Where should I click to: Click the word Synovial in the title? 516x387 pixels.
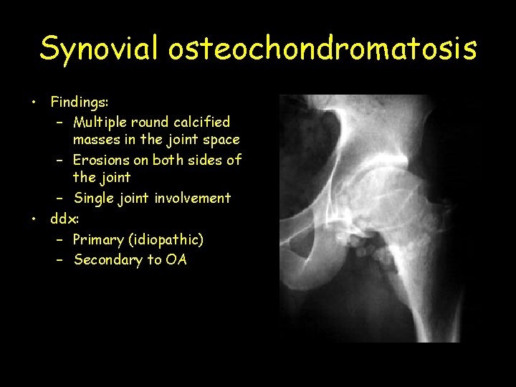click(x=100, y=49)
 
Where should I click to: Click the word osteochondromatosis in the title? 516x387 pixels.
click(x=322, y=49)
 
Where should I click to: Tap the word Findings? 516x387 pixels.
click(x=79, y=103)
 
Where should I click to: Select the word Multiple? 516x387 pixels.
click(x=102, y=122)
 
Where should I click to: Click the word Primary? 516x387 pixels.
click(x=97, y=239)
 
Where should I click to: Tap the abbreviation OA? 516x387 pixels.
click(x=176, y=259)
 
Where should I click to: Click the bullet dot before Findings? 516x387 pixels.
click(x=34, y=103)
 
